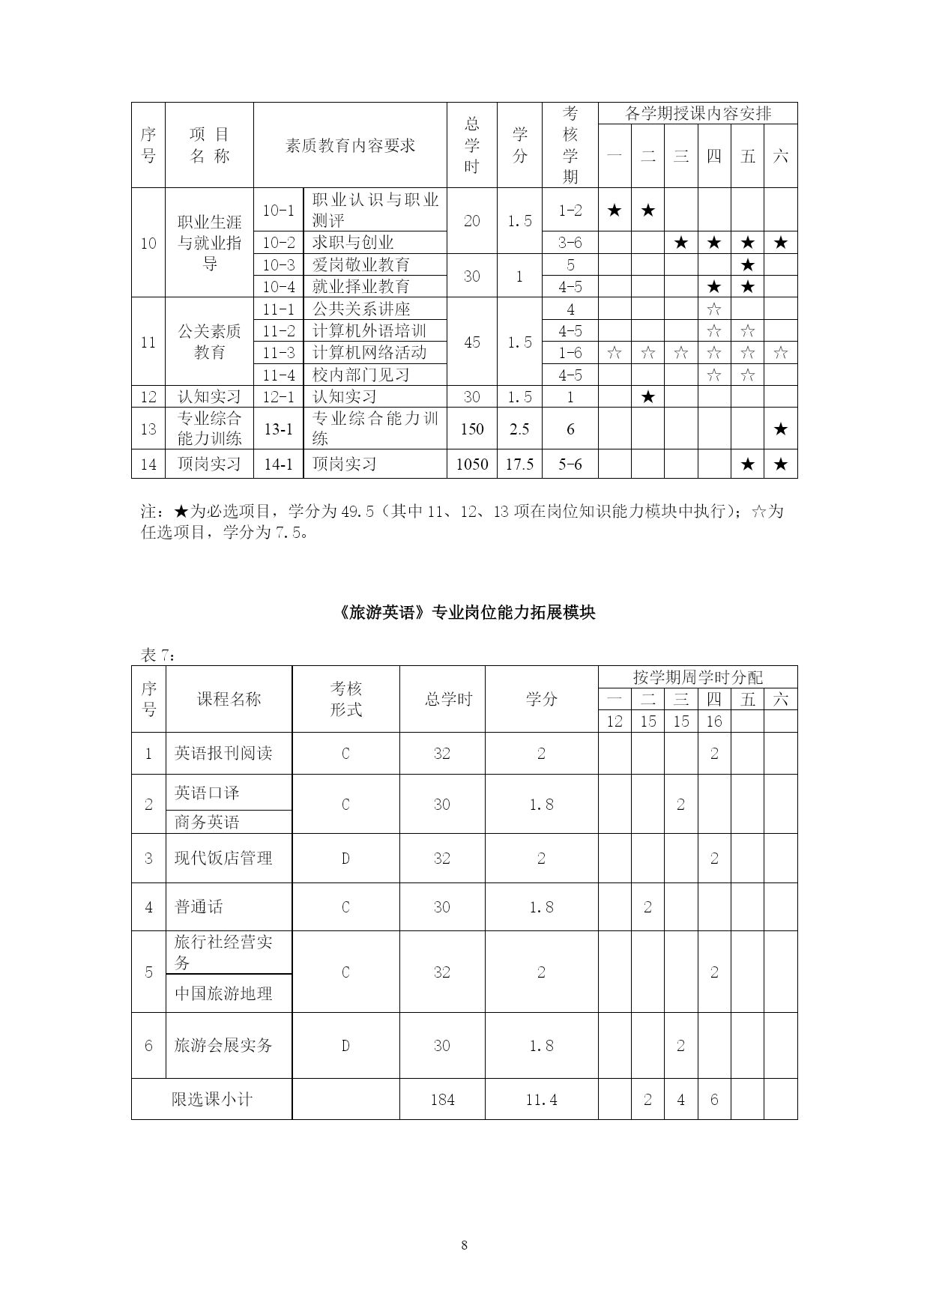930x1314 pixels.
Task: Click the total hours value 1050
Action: click(471, 464)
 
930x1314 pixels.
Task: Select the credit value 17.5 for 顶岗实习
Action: click(519, 464)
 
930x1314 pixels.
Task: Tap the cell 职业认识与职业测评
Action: click(375, 210)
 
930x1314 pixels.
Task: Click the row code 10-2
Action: click(279, 243)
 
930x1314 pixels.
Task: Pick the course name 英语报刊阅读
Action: click(223, 753)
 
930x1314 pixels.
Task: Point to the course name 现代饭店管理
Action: click(223, 858)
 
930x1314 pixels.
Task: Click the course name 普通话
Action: click(199, 906)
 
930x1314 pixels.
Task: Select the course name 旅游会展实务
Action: click(223, 1045)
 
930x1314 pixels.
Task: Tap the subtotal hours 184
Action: click(442, 1100)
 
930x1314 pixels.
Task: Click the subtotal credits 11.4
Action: click(541, 1100)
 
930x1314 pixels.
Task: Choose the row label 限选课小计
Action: click(212, 1100)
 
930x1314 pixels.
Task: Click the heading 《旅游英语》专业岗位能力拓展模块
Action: click(465, 612)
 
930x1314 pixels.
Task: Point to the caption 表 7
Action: click(158, 655)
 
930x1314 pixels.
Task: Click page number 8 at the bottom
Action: click(465, 1245)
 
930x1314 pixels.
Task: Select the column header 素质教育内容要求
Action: click(350, 145)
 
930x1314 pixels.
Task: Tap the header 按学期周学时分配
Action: click(698, 677)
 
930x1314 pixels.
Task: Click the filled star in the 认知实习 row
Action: click(648, 397)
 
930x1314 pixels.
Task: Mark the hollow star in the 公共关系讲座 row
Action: click(714, 309)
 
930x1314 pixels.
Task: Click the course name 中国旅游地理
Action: click(223, 993)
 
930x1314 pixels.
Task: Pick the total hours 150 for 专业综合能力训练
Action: click(471, 429)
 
